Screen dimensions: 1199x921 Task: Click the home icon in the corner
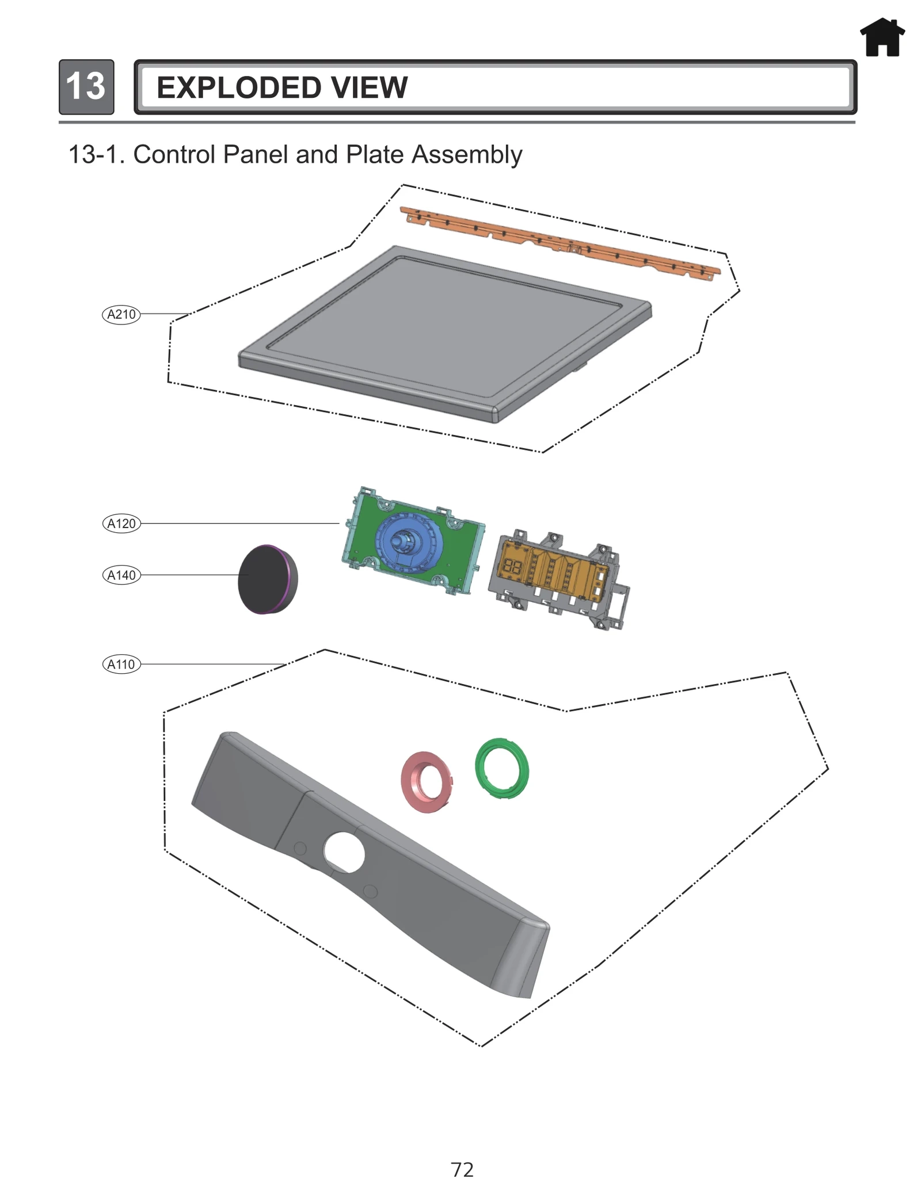[882, 38]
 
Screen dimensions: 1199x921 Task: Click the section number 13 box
[86, 87]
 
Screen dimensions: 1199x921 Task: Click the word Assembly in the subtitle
[467, 155]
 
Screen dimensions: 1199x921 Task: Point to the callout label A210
[121, 315]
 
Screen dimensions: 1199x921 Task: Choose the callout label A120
[121, 524]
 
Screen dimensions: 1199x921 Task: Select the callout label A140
[121, 575]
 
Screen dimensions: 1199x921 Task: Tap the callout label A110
[121, 665]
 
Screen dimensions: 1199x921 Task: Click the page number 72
[462, 1170]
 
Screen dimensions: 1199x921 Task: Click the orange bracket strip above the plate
[558, 242]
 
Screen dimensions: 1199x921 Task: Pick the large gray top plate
[443, 334]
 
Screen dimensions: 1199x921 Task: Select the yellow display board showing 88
[550, 570]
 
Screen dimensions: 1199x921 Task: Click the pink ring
[426, 782]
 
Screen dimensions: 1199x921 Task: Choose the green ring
[502, 769]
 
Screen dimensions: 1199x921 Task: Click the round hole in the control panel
[344, 853]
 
